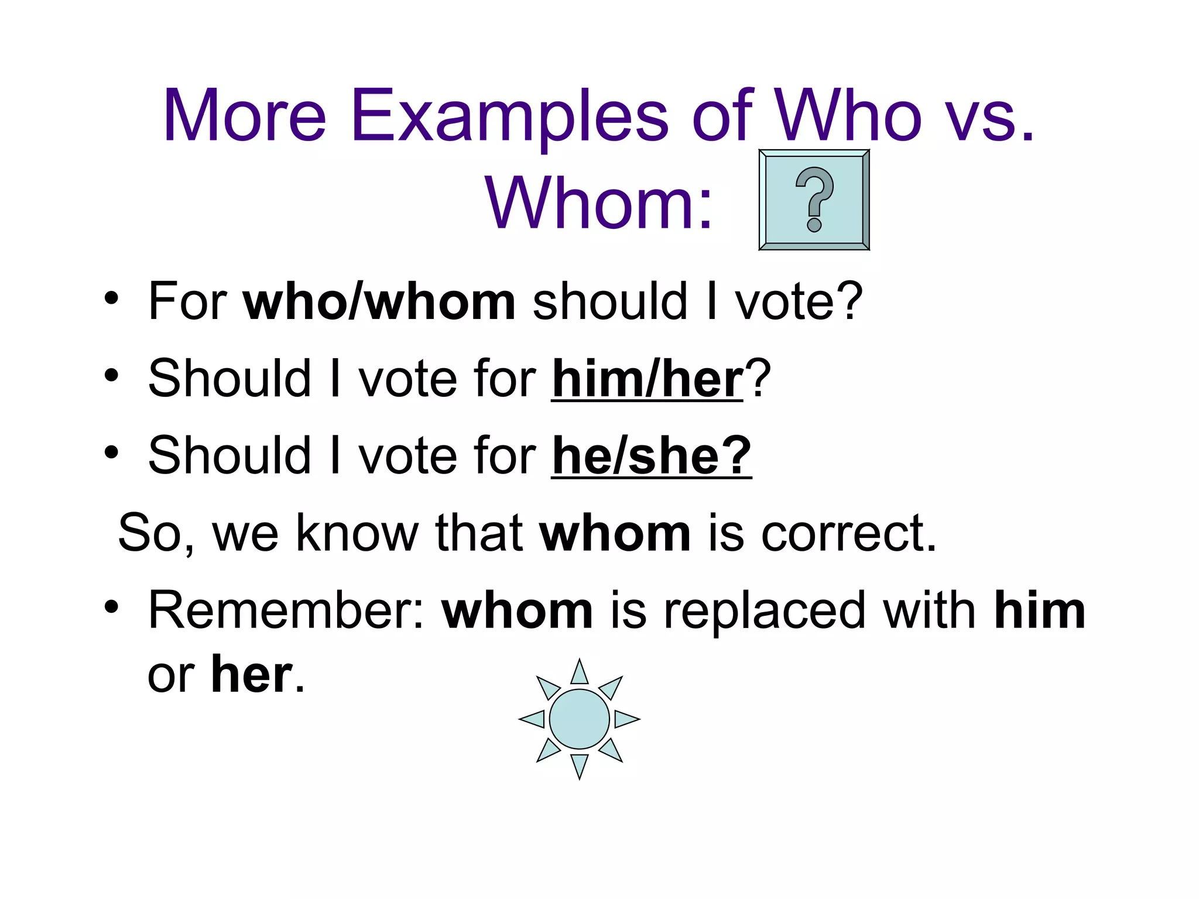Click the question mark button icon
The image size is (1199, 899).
tap(814, 200)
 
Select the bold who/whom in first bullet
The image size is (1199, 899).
tap(379, 302)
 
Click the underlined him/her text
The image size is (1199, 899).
tap(647, 380)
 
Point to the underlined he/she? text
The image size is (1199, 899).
tap(651, 457)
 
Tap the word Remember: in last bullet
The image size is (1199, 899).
tap(286, 611)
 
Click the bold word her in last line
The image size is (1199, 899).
tap(251, 675)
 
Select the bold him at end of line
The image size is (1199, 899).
tap(1039, 611)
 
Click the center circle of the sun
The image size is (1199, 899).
tap(579, 719)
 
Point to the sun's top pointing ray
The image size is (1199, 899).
tap(579, 672)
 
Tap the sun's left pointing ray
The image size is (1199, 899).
tap(532, 719)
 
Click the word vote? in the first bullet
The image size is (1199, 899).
tap(799, 302)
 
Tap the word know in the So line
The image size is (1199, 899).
tap(357, 534)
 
